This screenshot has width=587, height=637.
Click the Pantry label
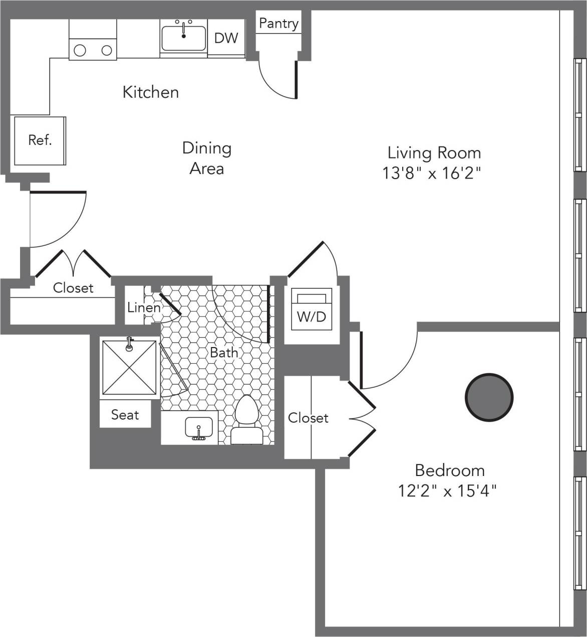[x=278, y=23]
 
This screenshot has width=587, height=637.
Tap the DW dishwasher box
[x=226, y=38]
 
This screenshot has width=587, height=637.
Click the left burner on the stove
[x=80, y=50]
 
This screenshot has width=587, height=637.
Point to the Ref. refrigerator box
[x=40, y=140]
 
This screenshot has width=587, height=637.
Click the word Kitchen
[x=150, y=92]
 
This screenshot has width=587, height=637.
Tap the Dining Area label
[x=206, y=158]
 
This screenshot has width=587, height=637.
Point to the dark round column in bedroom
[x=489, y=397]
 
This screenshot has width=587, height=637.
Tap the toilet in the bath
[x=246, y=419]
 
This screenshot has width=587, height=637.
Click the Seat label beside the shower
[x=125, y=415]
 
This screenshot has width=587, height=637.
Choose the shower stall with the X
[x=129, y=367]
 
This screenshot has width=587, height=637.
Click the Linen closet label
[x=143, y=307]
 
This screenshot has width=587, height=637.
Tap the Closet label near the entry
[x=73, y=288]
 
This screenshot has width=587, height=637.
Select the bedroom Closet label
[x=308, y=418]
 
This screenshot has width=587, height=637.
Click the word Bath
[x=224, y=353]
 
